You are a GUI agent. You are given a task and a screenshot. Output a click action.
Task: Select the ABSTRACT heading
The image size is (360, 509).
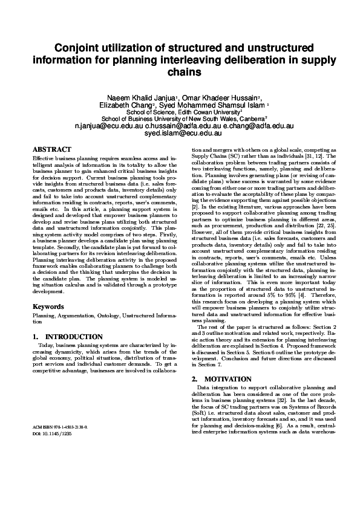[51, 149]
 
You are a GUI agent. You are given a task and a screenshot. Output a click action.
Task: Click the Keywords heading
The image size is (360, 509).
[48, 306]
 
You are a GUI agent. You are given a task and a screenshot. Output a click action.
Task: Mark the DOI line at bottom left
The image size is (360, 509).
[51, 433]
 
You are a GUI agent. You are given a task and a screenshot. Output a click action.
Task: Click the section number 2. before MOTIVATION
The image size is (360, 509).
[195, 379]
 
